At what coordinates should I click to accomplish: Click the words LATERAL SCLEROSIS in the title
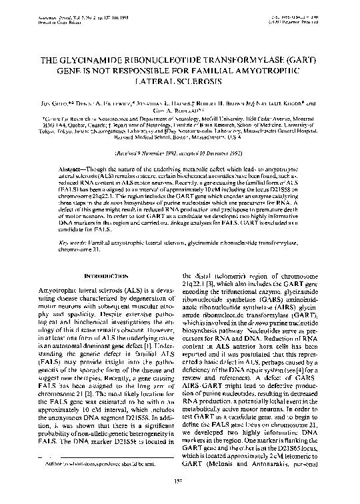179,78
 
